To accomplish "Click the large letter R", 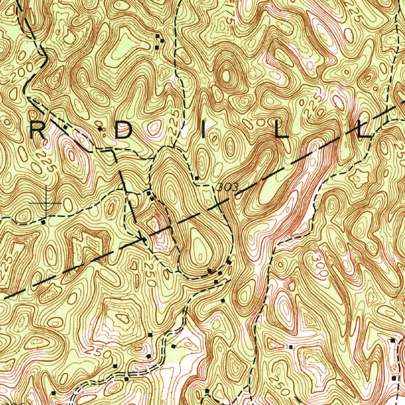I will pos(39,129).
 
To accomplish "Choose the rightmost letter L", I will pos(364,130).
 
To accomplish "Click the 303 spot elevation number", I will pos(228,187).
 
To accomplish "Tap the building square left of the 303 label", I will pos(197,178).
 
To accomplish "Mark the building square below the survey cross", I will pos(43,222).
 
